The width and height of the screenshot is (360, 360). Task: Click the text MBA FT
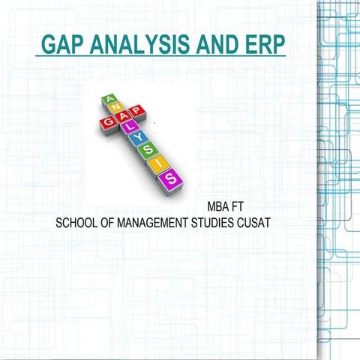[223, 205]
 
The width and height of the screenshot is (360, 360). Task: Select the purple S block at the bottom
[172, 178]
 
